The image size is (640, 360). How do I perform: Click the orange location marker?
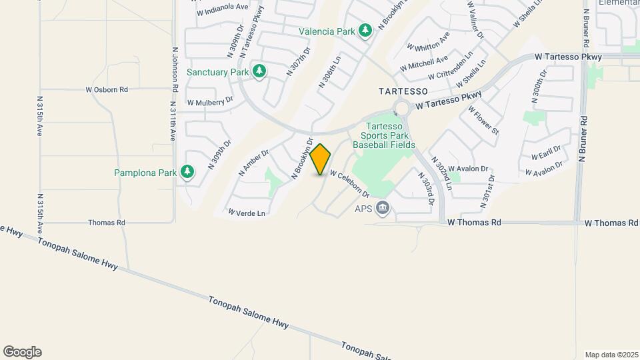click(x=321, y=159)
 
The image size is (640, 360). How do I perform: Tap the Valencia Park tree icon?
click(x=365, y=31)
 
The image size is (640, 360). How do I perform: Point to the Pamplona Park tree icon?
click(x=188, y=173)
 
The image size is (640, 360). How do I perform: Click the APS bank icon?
click(x=383, y=209)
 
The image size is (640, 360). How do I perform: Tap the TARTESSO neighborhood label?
click(x=403, y=90)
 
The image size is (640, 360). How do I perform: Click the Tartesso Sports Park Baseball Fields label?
click(x=384, y=135)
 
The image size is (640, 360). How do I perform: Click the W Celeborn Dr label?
click(x=349, y=185)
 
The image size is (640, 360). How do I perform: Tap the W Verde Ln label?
click(x=247, y=213)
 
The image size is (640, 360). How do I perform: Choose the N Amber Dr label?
click(x=253, y=163)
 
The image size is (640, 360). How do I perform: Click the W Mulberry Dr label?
click(x=210, y=102)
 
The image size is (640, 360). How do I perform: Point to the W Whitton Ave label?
click(x=428, y=42)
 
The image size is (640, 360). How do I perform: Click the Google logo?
click(x=22, y=352)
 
